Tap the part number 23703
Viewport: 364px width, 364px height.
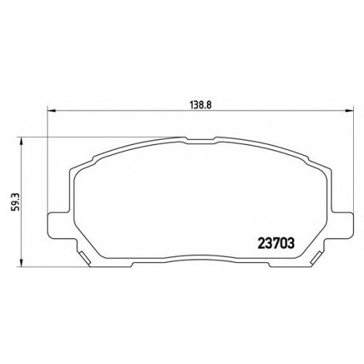pos(276,243)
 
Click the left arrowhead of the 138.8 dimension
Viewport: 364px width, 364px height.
pos(52,111)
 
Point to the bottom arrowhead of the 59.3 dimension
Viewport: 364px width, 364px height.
pos(22,263)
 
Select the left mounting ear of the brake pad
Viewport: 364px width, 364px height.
pos(58,225)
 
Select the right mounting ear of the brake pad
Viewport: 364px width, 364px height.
pos(341,225)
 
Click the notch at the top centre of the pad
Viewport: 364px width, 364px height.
pos(200,140)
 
